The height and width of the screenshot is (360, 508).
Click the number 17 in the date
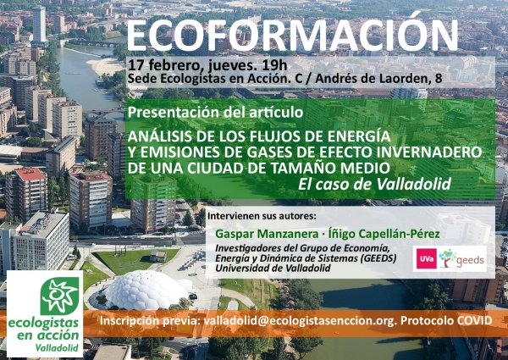(x=135, y=65)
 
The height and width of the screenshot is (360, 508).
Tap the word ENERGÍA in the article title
(x=359, y=136)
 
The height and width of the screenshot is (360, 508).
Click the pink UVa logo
(x=427, y=258)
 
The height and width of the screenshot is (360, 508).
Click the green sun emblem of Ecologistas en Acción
(x=59, y=296)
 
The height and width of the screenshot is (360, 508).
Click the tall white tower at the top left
(x=40, y=25)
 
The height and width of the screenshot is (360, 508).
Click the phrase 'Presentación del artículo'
(x=215, y=112)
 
